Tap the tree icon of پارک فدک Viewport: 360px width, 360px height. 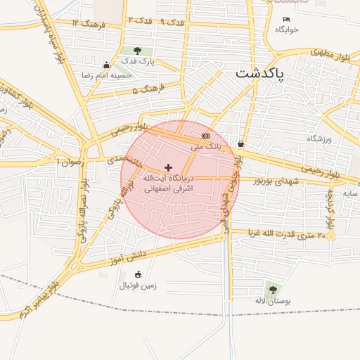136,51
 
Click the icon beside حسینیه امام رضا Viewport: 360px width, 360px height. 106,65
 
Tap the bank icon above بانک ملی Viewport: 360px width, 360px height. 205,136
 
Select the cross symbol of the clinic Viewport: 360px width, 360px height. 168,167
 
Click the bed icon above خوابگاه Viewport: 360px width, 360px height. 286,19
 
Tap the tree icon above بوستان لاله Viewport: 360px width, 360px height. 273,289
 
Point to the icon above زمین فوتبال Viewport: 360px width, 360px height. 138,274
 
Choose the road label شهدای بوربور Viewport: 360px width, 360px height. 276,181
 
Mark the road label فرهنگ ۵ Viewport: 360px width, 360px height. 146,89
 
